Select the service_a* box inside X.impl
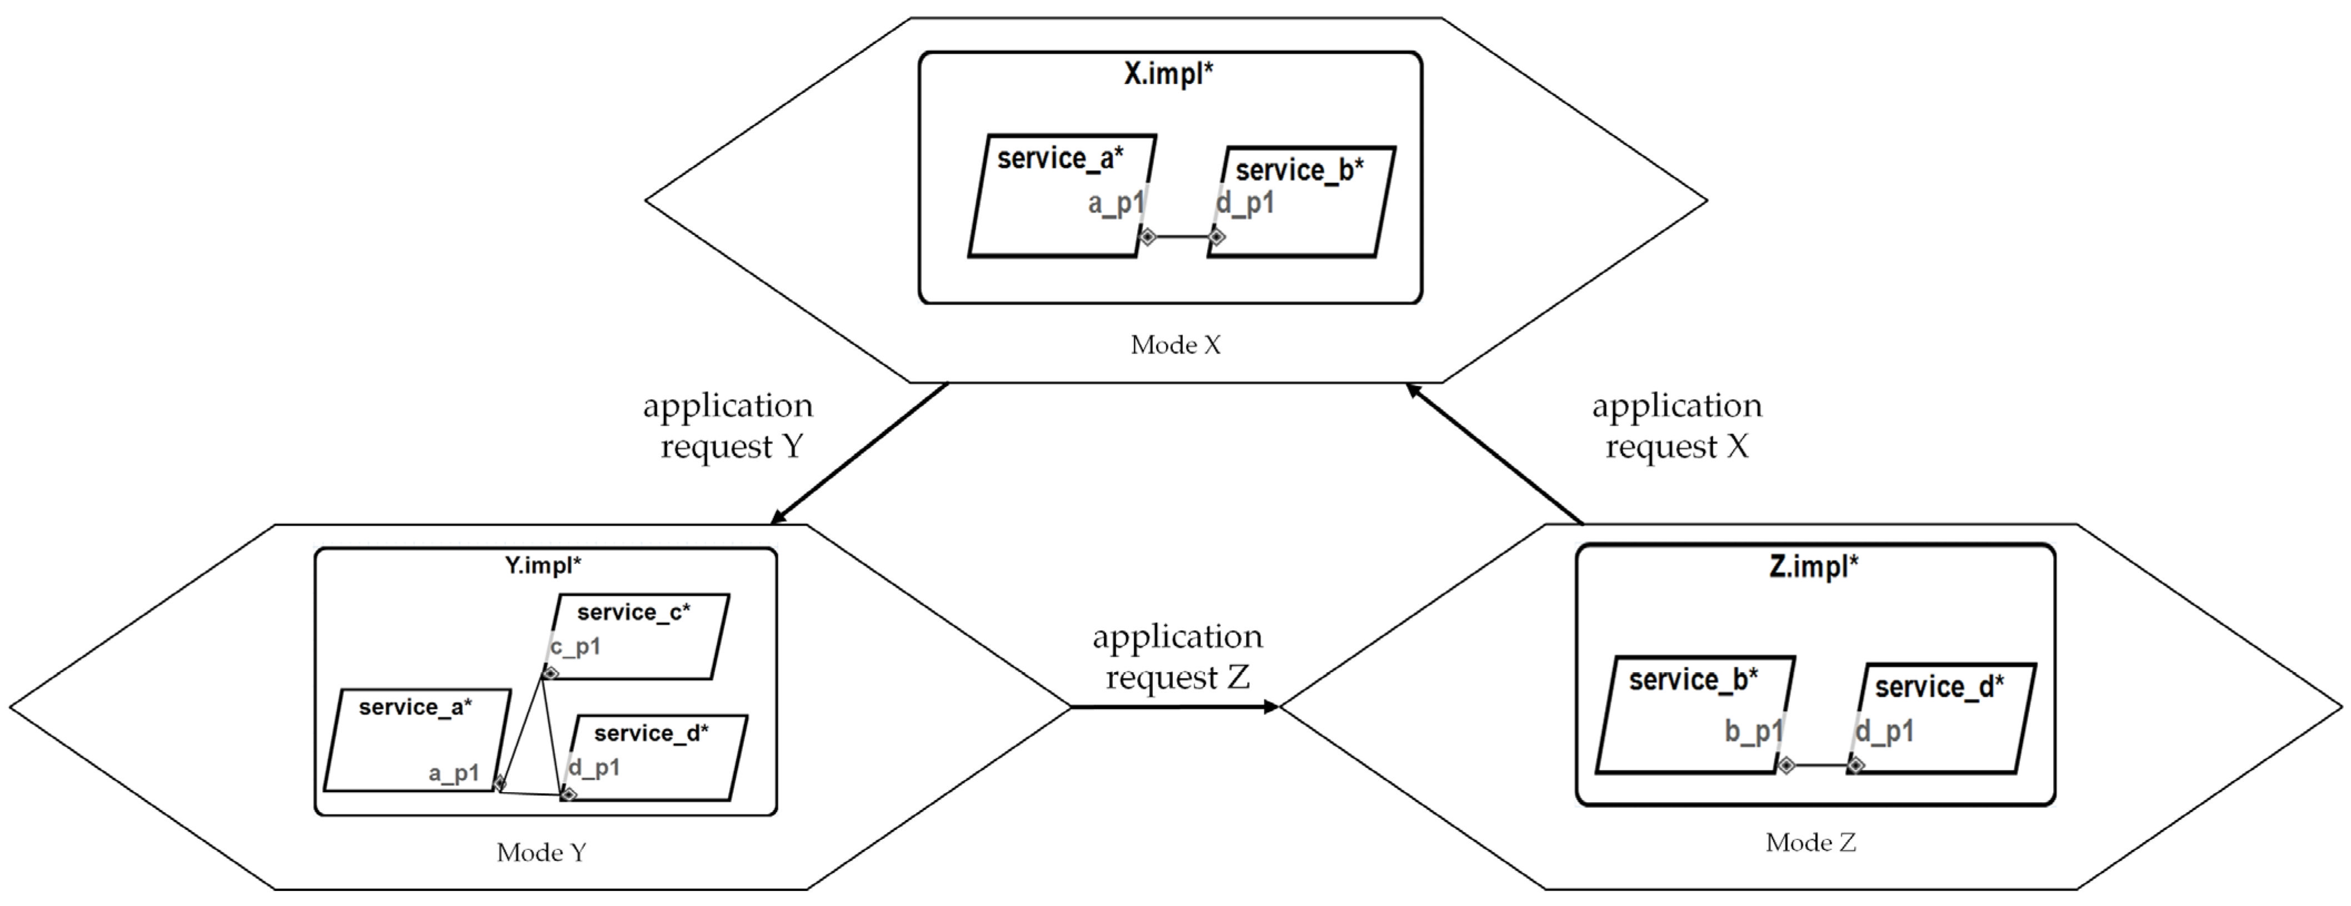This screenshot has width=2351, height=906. (x=1062, y=196)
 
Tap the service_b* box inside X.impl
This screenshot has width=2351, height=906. (x=1302, y=203)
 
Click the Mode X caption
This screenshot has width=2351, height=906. (x=1174, y=345)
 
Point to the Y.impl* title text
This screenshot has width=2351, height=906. (x=543, y=566)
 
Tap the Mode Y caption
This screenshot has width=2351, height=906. (x=541, y=852)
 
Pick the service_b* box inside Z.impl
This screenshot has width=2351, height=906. (x=1695, y=714)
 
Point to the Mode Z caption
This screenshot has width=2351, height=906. (x=1810, y=842)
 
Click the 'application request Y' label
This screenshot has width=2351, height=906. (x=728, y=426)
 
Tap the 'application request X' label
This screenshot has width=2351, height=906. (x=1677, y=426)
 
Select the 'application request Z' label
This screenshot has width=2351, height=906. (x=1177, y=657)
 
